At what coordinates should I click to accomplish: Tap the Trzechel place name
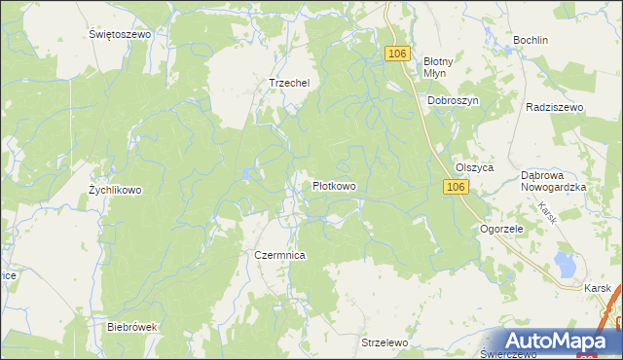pyautogui.click(x=288, y=83)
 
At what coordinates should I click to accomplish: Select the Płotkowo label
pyautogui.click(x=333, y=185)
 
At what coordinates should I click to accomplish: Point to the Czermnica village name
pyautogui.click(x=279, y=254)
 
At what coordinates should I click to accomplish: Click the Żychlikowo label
pyautogui.click(x=115, y=190)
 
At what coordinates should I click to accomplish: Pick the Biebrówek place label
pyautogui.click(x=132, y=327)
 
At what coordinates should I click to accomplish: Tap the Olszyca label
pyautogui.click(x=475, y=167)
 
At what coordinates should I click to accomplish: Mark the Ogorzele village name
pyautogui.click(x=502, y=229)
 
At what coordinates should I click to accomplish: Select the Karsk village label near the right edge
pyautogui.click(x=599, y=288)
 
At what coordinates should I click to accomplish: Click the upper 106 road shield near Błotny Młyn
pyautogui.click(x=395, y=54)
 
